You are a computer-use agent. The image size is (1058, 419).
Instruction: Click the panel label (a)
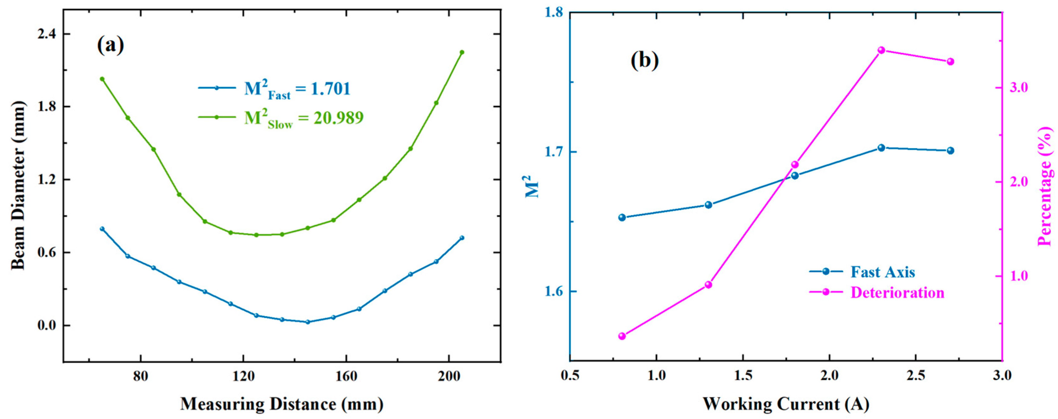(110, 45)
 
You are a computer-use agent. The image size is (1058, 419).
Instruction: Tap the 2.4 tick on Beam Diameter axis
(47, 34)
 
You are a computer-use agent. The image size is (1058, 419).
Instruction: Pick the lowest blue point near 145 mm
(307, 322)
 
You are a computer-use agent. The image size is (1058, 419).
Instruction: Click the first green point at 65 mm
(102, 79)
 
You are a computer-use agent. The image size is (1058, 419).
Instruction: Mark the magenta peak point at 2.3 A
(881, 50)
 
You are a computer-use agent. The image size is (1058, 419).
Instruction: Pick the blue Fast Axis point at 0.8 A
(622, 217)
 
